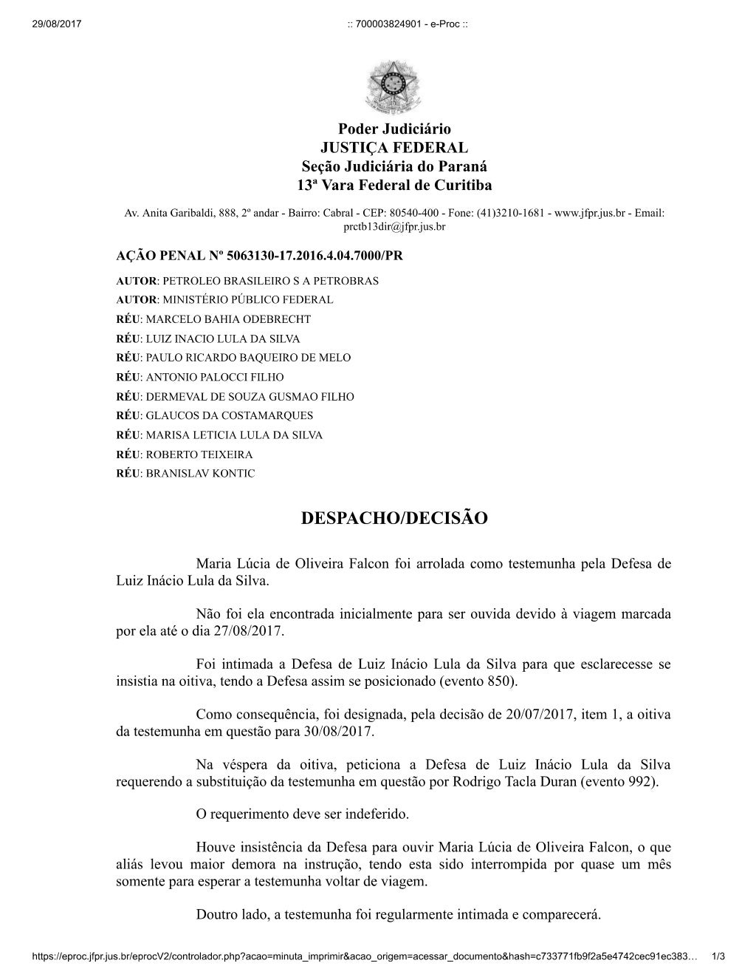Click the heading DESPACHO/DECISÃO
[394, 518]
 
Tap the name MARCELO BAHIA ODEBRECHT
[228, 319]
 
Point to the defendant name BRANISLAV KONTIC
[200, 473]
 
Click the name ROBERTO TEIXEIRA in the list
[199, 454]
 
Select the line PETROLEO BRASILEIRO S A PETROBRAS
[270, 281]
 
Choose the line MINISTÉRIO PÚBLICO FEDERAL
[247, 300]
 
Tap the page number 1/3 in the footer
[717, 956]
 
